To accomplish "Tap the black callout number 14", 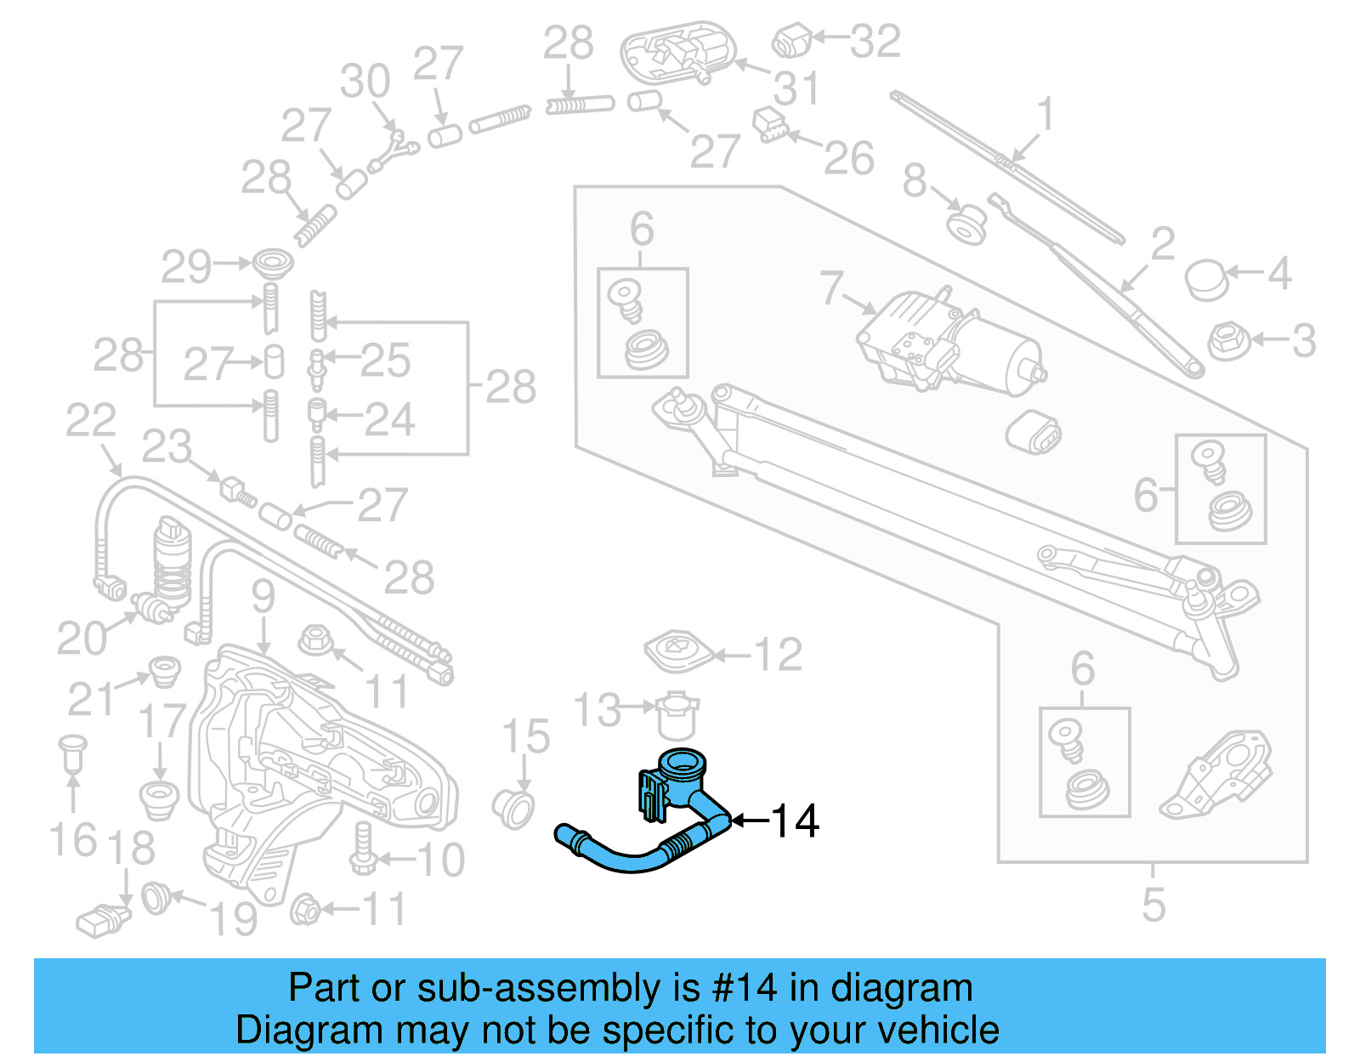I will coord(794,821).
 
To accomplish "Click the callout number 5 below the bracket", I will coord(1153,904).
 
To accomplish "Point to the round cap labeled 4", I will coord(1206,280).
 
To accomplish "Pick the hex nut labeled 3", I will coord(1227,340).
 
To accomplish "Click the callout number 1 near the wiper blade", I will coord(1045,114).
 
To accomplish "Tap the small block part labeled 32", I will coord(790,40).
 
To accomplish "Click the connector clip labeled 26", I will coord(770,124).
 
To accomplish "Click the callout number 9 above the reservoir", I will coord(263,596).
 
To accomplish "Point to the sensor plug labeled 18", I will coord(101,922).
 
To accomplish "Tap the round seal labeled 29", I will coord(273,263).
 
